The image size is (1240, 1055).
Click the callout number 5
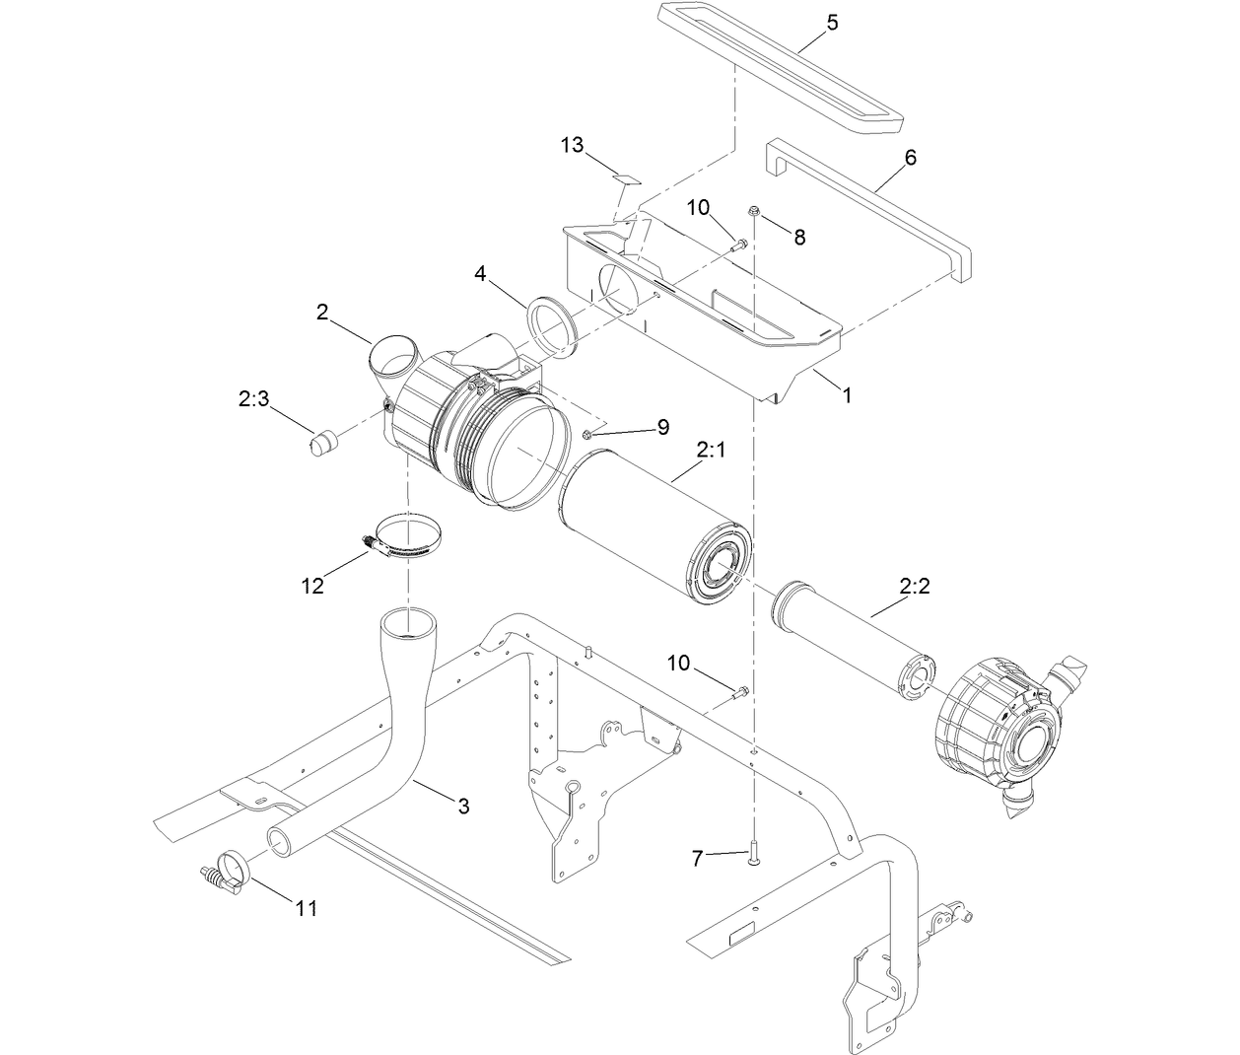832,22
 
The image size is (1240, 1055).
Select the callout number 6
910,157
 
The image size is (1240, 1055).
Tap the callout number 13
572,145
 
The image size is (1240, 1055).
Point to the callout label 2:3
253,398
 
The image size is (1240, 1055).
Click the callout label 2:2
915,587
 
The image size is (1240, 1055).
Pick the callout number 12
311,586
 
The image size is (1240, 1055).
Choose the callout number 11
307,907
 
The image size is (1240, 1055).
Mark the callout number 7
698,859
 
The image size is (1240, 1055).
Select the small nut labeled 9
588,434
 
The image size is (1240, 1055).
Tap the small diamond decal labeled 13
625,179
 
